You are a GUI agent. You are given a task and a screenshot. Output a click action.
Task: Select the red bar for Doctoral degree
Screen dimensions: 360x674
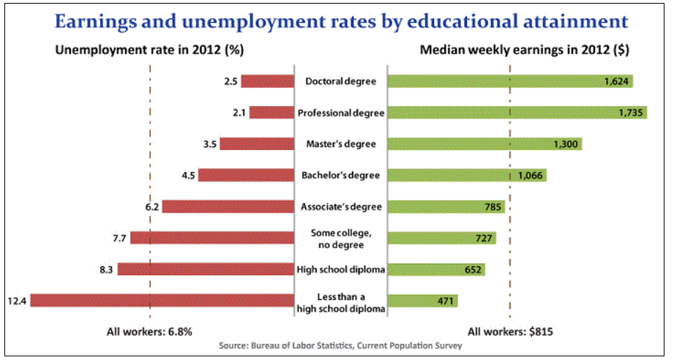point(266,81)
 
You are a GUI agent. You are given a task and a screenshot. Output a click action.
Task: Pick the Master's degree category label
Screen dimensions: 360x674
point(340,144)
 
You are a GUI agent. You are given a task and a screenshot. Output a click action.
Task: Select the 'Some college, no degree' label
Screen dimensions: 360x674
point(340,238)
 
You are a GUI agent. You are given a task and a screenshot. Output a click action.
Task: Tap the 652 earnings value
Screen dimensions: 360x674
point(473,270)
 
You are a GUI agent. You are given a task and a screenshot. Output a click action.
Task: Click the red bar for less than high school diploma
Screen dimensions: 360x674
point(161,301)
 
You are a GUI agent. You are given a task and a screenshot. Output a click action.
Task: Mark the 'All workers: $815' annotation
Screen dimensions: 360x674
point(510,331)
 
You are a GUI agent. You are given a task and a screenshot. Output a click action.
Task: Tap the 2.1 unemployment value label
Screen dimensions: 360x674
point(238,113)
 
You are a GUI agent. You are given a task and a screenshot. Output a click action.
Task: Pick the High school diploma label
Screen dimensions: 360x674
point(340,270)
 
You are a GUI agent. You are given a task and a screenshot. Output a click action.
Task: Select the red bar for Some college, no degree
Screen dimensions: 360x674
point(211,238)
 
